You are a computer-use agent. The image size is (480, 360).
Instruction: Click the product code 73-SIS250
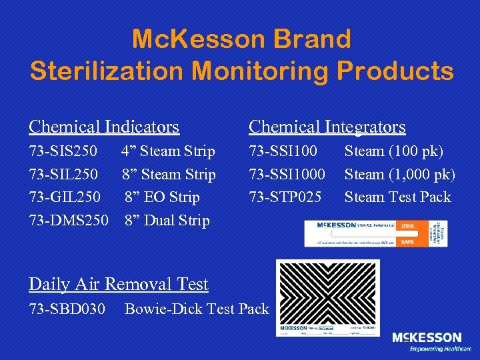coord(63,152)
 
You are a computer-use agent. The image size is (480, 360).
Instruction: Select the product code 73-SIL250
coord(63,175)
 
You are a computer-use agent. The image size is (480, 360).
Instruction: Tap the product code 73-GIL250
coord(65,197)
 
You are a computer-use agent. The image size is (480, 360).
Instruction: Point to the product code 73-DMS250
coord(68,220)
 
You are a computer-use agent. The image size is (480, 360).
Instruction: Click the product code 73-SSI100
coord(283,152)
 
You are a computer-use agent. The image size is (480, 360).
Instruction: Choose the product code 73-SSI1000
coord(287,175)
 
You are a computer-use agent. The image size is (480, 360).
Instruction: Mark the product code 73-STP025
coord(285,197)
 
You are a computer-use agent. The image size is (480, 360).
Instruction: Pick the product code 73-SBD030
coord(67,309)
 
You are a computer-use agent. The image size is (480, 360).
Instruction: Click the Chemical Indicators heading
coord(104,126)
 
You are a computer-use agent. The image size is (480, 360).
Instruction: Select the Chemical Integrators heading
coord(327,126)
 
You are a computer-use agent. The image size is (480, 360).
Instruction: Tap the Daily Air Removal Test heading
coord(119,285)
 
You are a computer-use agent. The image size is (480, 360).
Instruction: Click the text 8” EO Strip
coord(162,197)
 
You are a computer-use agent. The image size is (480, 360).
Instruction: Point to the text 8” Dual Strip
coord(167,220)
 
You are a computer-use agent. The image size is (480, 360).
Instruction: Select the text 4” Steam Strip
coord(168,152)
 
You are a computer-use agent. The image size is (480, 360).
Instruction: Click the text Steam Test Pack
coord(397,197)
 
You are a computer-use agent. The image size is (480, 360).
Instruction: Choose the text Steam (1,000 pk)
coord(400,175)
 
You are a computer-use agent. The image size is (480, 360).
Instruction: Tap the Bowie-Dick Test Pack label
coord(197,309)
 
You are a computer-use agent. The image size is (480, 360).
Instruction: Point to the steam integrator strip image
coord(376,233)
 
